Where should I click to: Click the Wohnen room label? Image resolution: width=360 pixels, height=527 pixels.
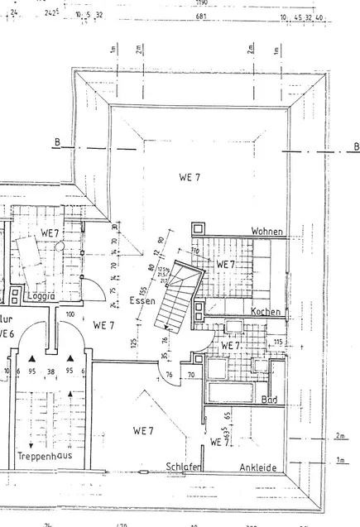pos(269,232)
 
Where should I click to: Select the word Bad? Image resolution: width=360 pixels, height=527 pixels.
pos(268,400)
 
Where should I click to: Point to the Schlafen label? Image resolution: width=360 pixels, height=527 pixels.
pos(184,467)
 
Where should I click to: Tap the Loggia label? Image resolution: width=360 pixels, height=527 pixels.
pos(40,295)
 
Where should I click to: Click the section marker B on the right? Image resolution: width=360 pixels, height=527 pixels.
pos(356,147)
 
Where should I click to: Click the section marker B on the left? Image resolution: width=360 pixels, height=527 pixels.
pos(57,144)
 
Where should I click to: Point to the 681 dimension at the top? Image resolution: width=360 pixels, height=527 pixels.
pos(200,16)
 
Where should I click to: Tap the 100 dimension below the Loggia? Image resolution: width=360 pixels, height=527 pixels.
pos(70,315)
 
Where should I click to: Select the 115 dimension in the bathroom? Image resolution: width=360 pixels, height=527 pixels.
pos(278,342)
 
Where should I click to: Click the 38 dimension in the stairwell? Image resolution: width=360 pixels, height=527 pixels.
pos(50,371)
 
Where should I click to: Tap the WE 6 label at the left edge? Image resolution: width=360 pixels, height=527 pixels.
pos(7,333)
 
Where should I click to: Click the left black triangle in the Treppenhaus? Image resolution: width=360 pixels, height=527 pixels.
pos(31,358)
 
